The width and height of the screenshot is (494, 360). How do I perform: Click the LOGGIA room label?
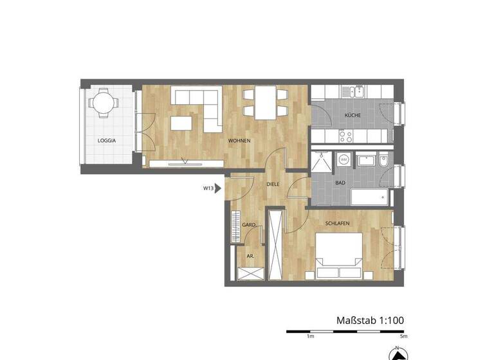[x=107, y=140]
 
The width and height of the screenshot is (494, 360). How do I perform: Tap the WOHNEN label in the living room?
[x=239, y=140]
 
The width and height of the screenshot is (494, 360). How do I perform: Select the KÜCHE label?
[x=352, y=115]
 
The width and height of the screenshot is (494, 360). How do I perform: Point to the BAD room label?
[x=340, y=183]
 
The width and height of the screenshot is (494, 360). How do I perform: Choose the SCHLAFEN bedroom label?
[x=337, y=222]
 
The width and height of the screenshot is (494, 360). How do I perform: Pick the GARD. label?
[x=249, y=225]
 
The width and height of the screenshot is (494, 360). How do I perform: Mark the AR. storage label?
[x=250, y=255]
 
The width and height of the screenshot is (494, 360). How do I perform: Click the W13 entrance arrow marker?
[x=212, y=188]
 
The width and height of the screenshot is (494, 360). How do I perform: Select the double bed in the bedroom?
[x=338, y=256]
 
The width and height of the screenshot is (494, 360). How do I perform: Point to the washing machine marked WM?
[x=344, y=159]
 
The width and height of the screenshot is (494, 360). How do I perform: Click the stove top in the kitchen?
[x=345, y=136]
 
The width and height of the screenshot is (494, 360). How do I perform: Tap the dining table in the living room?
[x=265, y=103]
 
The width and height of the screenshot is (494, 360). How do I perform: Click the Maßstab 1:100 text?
[x=370, y=319]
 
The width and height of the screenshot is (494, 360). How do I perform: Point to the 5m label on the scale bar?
[x=403, y=336]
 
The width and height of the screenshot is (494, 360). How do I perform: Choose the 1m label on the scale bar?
[x=310, y=336]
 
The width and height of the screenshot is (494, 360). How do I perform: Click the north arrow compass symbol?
[x=398, y=352]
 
